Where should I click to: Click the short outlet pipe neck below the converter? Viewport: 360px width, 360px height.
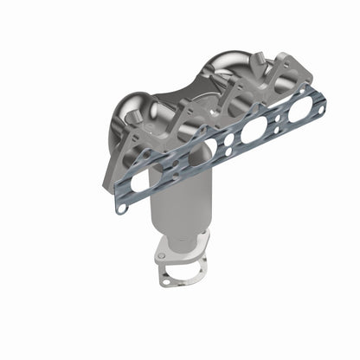click(x=183, y=247)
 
